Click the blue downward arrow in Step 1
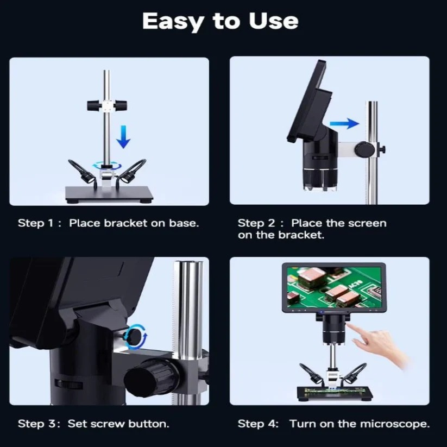point(124,135)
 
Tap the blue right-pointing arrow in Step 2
point(344,123)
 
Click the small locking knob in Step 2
point(366,148)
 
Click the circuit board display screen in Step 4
point(333,287)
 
